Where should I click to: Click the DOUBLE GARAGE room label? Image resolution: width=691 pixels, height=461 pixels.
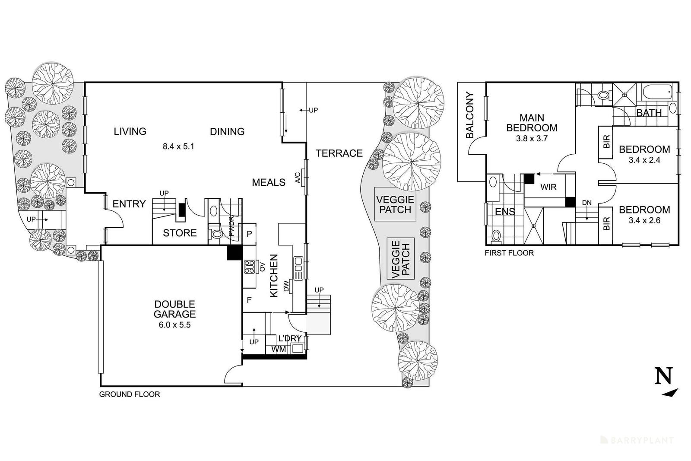(174, 309)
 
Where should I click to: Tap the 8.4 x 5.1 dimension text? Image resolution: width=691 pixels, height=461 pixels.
(179, 146)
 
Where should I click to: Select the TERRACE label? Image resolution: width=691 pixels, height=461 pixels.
(339, 153)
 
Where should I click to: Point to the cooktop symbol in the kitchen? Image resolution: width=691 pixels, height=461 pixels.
(249, 267)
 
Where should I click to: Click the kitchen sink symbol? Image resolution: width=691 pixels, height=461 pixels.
(298, 268)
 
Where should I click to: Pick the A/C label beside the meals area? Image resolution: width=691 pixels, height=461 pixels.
(298, 178)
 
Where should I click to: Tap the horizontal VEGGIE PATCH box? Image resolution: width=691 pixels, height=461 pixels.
(395, 204)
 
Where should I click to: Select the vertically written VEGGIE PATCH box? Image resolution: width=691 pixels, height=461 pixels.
(401, 258)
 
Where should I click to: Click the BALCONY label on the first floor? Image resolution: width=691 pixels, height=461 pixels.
(470, 115)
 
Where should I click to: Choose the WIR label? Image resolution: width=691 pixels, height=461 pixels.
(548, 187)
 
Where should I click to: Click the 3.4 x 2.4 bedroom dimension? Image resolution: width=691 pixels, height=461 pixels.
(644, 160)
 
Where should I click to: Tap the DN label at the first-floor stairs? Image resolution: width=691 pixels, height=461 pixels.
(587, 203)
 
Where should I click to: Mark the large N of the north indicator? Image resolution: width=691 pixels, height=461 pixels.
(663, 376)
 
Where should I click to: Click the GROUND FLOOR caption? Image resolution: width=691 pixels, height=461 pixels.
(130, 394)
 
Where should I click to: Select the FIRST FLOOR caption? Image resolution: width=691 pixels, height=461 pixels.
(509, 253)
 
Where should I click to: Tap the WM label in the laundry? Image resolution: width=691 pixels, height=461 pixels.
(279, 349)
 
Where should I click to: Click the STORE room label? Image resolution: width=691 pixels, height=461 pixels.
(180, 233)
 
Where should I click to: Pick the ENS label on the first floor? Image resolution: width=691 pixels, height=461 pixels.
(505, 212)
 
